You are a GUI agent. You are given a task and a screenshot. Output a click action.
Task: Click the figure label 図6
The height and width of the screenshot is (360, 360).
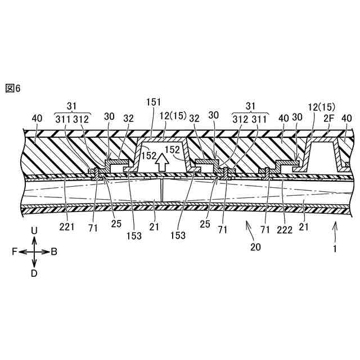(x=12, y=88)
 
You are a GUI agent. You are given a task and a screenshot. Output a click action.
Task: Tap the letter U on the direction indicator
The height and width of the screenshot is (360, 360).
(x=34, y=231)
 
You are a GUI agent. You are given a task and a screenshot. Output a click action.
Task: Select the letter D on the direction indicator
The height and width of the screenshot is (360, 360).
(x=34, y=273)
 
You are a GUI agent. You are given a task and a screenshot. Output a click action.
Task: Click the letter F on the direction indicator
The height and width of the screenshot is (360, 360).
(x=13, y=252)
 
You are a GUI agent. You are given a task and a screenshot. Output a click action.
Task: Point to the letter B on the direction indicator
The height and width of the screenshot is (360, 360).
(x=54, y=252)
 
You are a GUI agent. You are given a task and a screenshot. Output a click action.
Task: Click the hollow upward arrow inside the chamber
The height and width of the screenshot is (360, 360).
(x=162, y=161)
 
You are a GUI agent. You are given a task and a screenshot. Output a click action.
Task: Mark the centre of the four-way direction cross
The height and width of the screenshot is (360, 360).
(x=34, y=252)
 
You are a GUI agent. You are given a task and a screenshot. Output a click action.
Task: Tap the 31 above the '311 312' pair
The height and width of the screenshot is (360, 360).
(x=71, y=106)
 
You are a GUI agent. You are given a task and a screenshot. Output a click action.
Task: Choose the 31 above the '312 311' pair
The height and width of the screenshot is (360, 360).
(x=249, y=106)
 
